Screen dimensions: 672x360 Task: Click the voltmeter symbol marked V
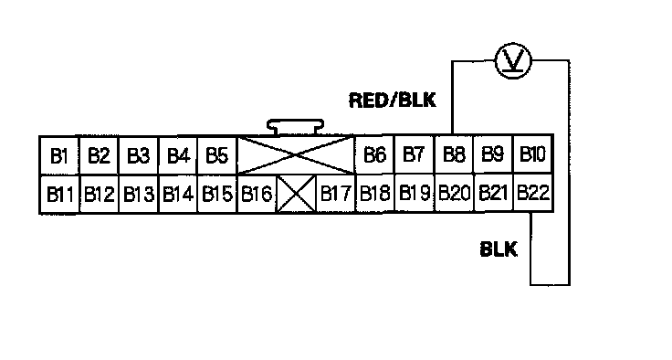513,60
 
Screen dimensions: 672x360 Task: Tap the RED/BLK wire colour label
392,101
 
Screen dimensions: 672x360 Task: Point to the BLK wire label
499,249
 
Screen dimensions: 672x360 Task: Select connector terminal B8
454,154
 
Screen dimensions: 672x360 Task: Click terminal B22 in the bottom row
533,193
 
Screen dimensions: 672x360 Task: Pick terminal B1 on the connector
59,155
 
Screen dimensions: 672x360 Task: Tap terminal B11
59,194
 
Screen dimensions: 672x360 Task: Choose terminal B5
217,155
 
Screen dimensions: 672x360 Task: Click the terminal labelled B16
257,194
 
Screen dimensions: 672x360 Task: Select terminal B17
336,194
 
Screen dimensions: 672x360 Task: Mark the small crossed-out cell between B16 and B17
297,194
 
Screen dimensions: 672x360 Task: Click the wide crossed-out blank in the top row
296,155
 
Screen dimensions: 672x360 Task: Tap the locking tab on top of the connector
295,127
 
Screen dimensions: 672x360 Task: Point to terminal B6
375,155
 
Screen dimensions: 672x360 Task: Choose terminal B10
533,154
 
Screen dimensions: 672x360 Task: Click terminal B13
138,194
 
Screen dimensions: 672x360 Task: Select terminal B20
455,193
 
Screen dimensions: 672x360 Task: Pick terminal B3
138,155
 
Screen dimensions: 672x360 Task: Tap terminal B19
415,193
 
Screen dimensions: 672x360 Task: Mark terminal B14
177,194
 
